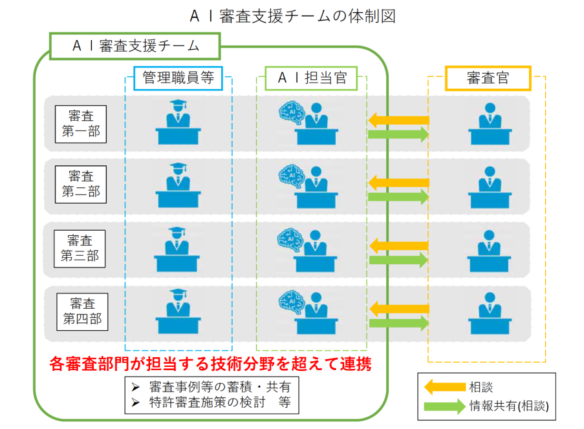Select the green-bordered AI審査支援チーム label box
(135, 46)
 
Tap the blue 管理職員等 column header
(178, 79)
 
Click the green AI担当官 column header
(312, 79)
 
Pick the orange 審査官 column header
(488, 79)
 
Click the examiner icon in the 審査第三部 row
(489, 249)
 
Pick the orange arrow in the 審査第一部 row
(398, 120)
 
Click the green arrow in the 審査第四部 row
(398, 323)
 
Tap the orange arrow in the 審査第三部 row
(398, 246)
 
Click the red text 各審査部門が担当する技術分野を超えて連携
(211, 364)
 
